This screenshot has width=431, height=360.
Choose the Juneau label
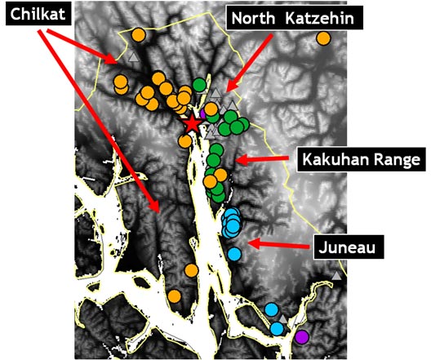point(344,244)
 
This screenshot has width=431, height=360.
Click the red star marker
point(192,124)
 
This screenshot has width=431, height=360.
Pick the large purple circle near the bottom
point(302,336)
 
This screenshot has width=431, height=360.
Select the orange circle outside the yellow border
point(323,38)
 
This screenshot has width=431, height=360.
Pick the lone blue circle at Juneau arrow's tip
point(235,253)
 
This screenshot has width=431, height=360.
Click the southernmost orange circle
point(174,296)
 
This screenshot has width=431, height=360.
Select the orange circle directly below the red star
point(185,140)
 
